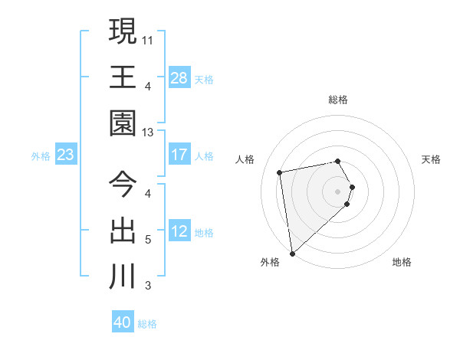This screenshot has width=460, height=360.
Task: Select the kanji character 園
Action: [123, 123]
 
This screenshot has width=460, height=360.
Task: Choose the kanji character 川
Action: [123, 276]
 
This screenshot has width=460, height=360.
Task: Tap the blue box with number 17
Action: [179, 155]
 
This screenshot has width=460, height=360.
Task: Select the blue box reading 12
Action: [179, 231]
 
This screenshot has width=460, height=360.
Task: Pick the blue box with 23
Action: [65, 155]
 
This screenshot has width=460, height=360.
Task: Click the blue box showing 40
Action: [123, 322]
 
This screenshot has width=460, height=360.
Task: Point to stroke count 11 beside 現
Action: [148, 38]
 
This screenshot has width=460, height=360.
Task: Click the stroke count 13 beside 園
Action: [148, 133]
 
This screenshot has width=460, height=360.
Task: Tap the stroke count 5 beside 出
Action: [148, 239]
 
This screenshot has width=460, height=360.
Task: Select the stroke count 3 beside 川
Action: [148, 286]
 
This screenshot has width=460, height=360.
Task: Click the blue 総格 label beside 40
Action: [147, 324]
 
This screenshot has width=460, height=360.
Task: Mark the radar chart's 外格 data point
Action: [292, 254]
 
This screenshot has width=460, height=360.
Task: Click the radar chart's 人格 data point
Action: [280, 172]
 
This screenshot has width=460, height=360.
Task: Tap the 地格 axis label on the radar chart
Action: [402, 263]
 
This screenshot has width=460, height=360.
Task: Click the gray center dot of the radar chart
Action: [337, 190]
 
